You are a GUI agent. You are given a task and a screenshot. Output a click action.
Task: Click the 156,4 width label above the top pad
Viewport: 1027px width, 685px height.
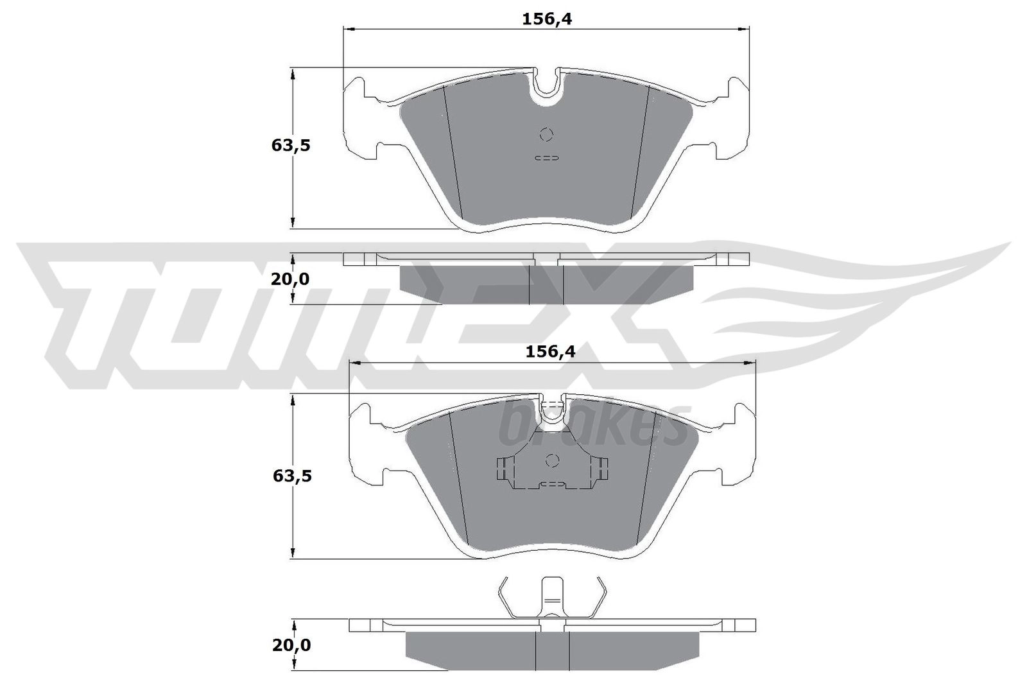point(547,19)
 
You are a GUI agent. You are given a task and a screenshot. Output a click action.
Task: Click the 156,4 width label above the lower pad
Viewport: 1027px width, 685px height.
point(549,352)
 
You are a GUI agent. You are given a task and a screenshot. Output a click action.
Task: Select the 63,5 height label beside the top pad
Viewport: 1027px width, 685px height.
point(291,145)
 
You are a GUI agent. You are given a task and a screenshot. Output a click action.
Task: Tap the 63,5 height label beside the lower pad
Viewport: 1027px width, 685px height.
point(292,476)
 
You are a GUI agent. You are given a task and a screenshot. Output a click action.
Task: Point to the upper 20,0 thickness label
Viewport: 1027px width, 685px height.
point(290,279)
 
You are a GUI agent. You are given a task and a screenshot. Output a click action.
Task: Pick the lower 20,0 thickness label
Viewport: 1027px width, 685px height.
point(291,645)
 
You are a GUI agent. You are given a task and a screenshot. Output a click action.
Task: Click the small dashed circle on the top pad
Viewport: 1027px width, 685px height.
point(546,134)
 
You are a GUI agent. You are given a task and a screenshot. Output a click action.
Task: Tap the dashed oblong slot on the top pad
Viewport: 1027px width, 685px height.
point(547,158)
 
